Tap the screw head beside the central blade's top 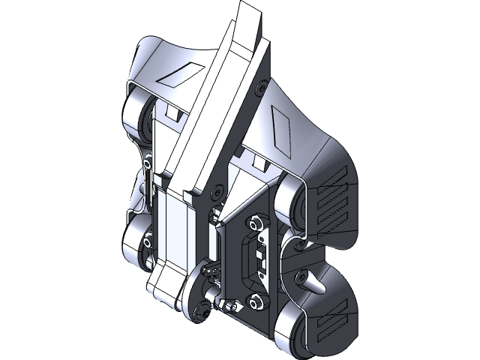pyautogui.click(x=261, y=88)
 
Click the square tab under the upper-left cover pyautogui.click(x=172, y=114)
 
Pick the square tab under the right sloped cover pyautogui.click(x=261, y=163)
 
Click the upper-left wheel pyautogui.click(x=139, y=117)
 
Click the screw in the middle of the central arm pyautogui.click(x=217, y=193)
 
